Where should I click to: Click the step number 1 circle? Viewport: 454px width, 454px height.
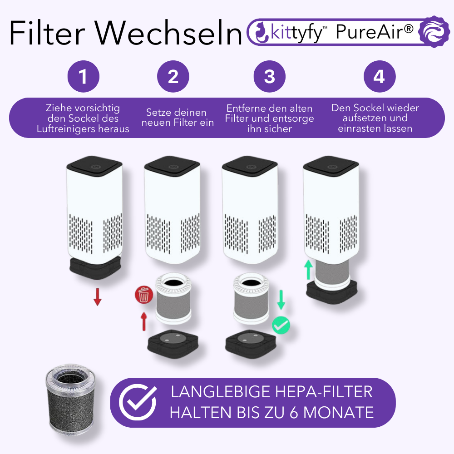point(83,77)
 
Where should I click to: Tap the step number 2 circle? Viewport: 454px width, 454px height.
point(173,77)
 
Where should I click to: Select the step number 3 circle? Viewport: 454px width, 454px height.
point(270,77)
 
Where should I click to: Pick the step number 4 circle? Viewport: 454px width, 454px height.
point(380,77)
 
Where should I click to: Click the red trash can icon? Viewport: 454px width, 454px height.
point(143,296)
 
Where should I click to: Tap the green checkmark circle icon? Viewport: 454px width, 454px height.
point(281,325)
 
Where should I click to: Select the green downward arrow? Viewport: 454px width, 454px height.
point(281,300)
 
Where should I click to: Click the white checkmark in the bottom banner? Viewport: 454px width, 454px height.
point(138,402)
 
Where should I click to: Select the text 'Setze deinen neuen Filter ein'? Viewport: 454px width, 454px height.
point(177,118)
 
